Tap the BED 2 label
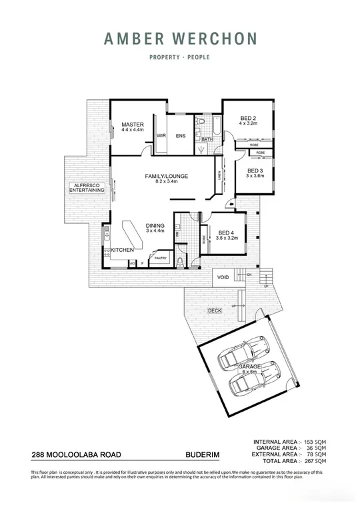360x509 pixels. point(247,117)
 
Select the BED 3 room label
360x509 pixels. point(256,171)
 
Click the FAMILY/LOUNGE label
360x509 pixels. point(167,176)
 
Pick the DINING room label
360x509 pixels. point(155,226)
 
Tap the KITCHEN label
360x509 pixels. point(123,249)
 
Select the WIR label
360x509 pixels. point(161,136)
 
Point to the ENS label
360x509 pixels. point(180,136)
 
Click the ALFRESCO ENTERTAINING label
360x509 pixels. point(87,187)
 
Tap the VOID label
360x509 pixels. point(224,276)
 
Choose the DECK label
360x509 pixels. point(215,310)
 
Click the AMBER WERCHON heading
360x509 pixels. point(179,39)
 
